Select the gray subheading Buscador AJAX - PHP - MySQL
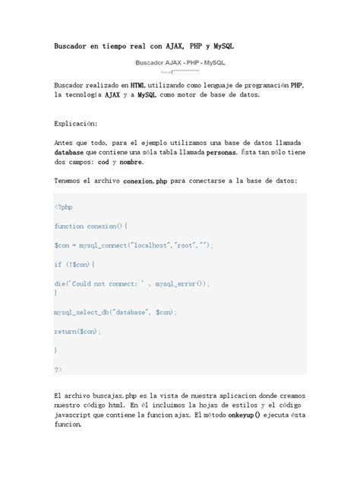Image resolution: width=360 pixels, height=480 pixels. pyautogui.click(x=180, y=63)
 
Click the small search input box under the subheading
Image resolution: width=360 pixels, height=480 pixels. pyautogui.click(x=186, y=72)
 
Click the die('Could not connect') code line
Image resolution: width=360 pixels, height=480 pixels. pyautogui.click(x=131, y=282)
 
